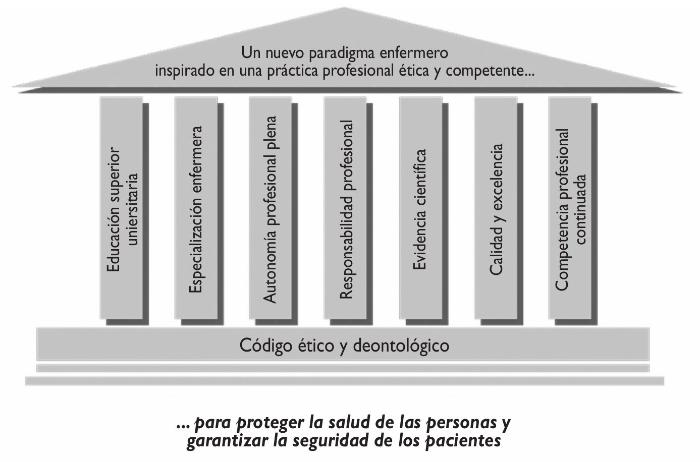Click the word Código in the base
[x=264, y=346]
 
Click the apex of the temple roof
[x=344, y=9]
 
